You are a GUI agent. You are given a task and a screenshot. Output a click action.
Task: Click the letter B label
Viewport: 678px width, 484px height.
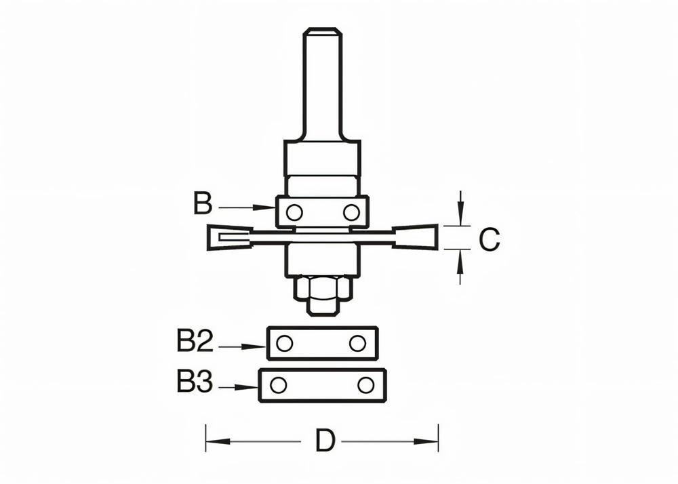(x=202, y=204)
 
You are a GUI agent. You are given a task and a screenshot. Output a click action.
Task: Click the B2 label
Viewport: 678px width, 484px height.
(x=195, y=342)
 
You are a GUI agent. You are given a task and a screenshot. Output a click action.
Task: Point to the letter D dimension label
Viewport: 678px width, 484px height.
(x=325, y=442)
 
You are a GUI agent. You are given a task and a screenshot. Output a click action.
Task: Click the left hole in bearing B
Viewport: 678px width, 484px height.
(x=294, y=212)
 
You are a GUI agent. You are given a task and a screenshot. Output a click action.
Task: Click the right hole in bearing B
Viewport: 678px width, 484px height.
(x=351, y=212)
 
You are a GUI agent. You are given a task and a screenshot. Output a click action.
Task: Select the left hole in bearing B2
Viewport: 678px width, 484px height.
(x=285, y=344)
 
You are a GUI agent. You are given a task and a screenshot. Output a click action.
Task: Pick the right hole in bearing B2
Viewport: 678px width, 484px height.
(x=357, y=344)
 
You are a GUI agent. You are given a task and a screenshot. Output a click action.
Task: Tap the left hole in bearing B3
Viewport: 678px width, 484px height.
(x=277, y=385)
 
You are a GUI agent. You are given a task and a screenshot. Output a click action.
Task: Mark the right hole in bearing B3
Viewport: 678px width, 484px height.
(x=365, y=385)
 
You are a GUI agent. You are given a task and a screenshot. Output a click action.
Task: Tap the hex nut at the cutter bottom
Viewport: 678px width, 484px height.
(x=323, y=290)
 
